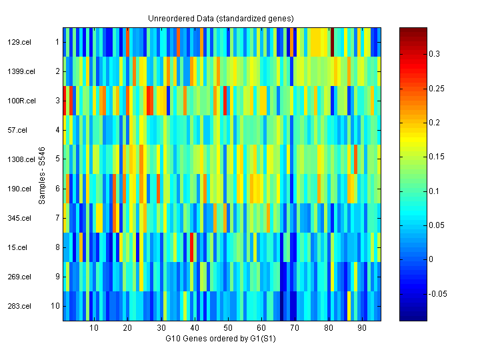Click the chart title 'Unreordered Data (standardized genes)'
click(x=221, y=18)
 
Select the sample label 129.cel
click(x=18, y=42)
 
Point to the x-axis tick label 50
click(x=228, y=328)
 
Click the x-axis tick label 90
click(x=362, y=328)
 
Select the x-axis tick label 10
click(x=94, y=328)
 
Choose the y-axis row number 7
click(x=57, y=218)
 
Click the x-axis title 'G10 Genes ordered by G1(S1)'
click(x=221, y=339)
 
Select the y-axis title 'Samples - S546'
click(x=42, y=174)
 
